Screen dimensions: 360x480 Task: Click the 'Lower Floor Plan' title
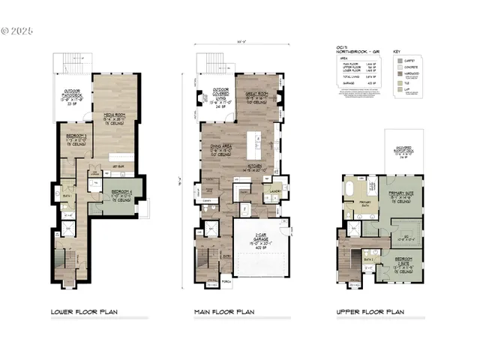[84, 311]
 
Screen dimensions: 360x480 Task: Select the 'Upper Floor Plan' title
[370, 311]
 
